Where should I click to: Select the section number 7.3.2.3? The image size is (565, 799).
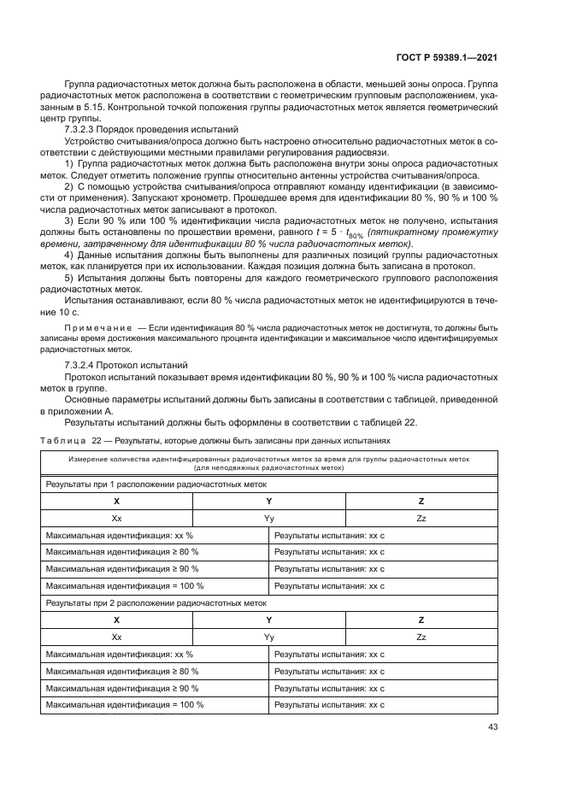(83, 128)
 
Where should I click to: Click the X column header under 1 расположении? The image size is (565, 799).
(116, 501)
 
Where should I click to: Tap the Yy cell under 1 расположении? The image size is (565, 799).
(268, 518)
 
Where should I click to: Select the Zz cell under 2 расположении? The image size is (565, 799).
(421, 637)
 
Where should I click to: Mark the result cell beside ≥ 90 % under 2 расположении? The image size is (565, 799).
(329, 687)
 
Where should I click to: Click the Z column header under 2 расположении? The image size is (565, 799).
(421, 620)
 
